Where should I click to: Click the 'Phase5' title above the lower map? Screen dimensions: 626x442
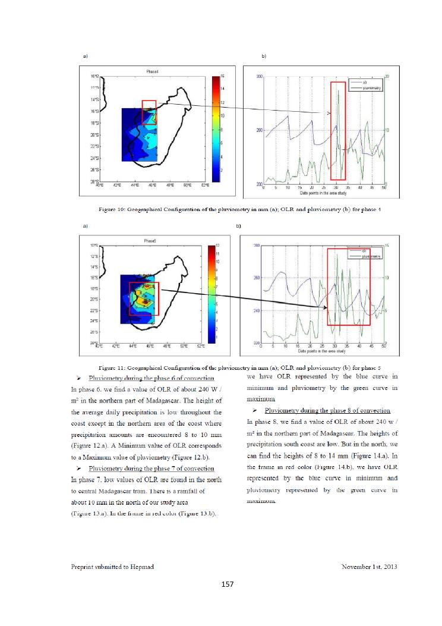click(150, 241)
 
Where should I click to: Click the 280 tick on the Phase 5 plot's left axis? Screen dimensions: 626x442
click(257, 245)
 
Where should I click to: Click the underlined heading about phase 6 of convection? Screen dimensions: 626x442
click(151, 378)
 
